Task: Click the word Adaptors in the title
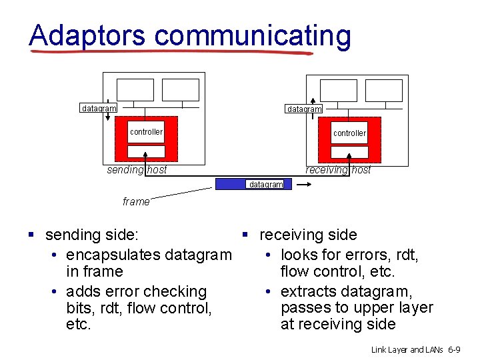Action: click(87, 35)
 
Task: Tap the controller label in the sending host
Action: click(146, 132)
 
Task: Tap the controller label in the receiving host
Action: click(349, 133)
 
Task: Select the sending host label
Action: click(137, 170)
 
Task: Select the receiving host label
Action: click(338, 170)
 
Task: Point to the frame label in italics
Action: click(136, 201)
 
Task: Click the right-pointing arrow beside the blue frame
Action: click(303, 186)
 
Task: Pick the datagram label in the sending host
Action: click(98, 108)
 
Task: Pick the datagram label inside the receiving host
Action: click(304, 109)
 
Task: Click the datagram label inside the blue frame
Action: click(265, 185)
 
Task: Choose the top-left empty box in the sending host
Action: click(135, 90)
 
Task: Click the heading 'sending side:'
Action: click(92, 235)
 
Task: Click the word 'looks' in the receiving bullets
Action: click(301, 255)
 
